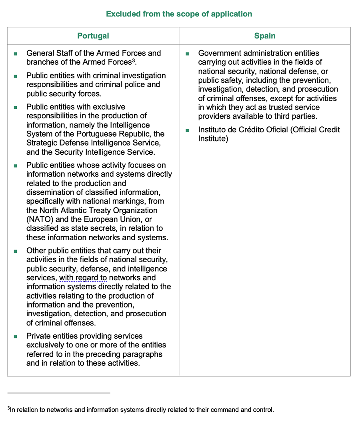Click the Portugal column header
click(93, 36)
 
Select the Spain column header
click(265, 36)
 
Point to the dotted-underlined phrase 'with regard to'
click(83, 278)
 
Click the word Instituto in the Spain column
click(214, 130)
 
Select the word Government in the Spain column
click(219, 53)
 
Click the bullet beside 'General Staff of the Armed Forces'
click(16, 54)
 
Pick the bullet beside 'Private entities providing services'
click(16, 337)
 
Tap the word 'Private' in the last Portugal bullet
click(38, 336)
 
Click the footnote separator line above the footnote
click(59, 393)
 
